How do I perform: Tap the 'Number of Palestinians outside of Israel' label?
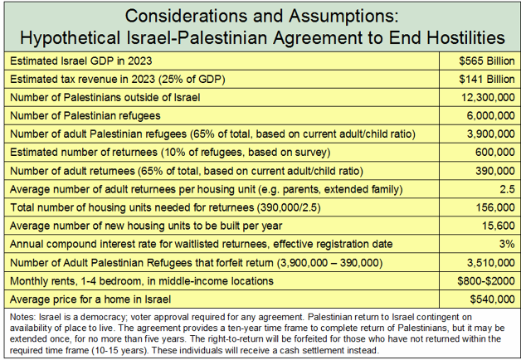tap(103, 97)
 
